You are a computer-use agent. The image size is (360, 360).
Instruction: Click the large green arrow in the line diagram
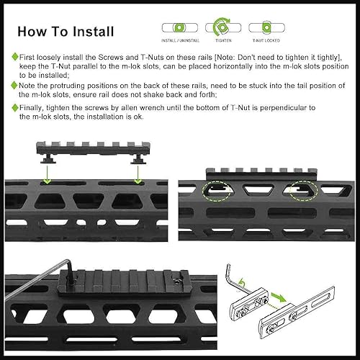277,296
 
